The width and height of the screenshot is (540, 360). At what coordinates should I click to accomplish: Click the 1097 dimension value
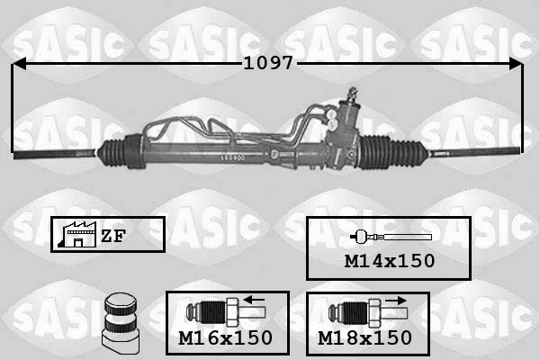(x=268, y=64)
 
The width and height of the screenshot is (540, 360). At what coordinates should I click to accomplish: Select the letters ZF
(x=112, y=237)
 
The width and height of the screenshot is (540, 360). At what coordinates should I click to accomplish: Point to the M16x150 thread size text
(x=226, y=338)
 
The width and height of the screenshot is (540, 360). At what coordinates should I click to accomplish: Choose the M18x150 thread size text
(x=365, y=338)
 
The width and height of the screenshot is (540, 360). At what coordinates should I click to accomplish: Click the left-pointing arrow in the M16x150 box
(x=255, y=300)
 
